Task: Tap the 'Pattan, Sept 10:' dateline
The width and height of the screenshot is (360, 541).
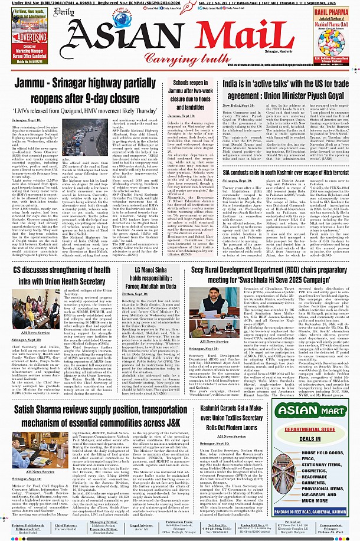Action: coord(135,293)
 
